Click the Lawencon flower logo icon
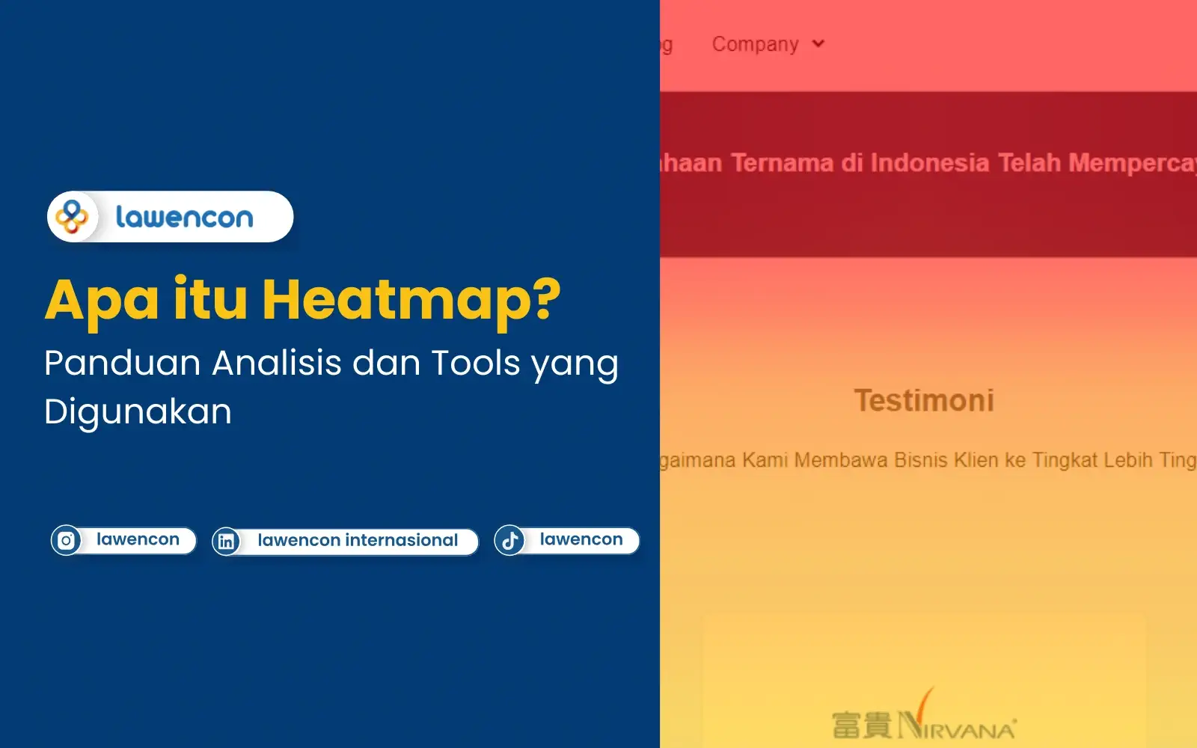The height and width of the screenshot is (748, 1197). (73, 217)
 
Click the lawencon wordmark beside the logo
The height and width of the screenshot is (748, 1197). (184, 218)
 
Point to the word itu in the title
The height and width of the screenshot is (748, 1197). (210, 299)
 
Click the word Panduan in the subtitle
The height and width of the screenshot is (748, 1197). (122, 364)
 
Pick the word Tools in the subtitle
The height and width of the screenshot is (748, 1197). (476, 364)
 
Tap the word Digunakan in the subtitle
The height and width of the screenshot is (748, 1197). (138, 412)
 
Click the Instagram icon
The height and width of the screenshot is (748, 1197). (67, 540)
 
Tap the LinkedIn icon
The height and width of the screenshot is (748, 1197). (226, 541)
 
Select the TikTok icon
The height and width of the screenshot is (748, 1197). (509, 540)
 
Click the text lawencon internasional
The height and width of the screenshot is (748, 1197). (358, 540)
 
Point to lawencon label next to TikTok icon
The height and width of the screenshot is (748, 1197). (581, 539)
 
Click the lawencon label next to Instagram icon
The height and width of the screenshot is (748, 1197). (138, 539)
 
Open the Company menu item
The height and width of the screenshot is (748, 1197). (755, 44)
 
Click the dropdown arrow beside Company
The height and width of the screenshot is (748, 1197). (818, 44)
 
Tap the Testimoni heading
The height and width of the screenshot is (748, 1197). (924, 400)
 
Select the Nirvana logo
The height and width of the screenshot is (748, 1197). (924, 720)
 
